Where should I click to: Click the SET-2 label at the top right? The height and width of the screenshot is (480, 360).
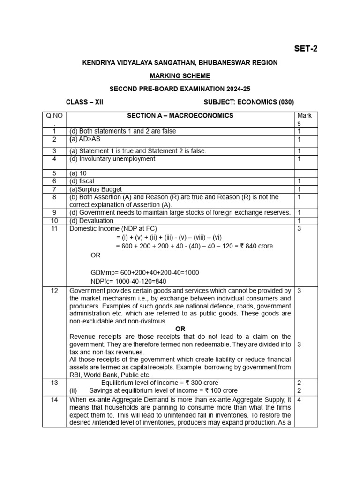click(305, 48)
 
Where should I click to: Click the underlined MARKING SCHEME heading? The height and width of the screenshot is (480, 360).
click(180, 75)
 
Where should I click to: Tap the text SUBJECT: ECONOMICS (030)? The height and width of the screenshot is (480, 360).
click(249, 102)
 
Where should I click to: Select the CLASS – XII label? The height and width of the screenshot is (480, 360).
click(84, 102)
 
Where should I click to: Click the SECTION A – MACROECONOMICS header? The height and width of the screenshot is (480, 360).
click(180, 116)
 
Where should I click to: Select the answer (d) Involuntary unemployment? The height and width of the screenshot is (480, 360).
click(112, 159)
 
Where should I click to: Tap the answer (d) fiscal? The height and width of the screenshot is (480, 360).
click(82, 181)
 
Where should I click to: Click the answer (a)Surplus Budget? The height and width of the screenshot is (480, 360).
click(96, 189)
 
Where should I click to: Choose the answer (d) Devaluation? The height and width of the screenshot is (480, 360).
click(91, 220)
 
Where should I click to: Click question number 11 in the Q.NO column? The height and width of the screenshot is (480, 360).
click(54, 228)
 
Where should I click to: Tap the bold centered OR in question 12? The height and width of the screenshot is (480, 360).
click(180, 329)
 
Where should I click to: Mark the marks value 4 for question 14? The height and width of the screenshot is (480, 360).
click(299, 400)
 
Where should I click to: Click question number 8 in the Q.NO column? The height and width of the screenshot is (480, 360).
click(54, 197)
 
